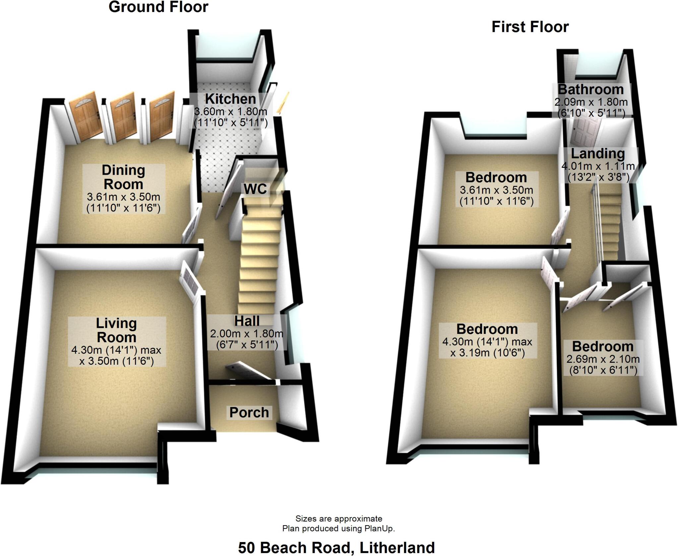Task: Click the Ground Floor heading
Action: coord(158,7)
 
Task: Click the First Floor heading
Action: coord(530,27)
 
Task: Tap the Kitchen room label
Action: coord(230,99)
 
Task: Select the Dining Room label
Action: coord(123,177)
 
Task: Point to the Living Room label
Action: coord(116,330)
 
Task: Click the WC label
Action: coord(255,189)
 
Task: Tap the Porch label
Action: coord(249,412)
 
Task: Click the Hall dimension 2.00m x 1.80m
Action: coord(246,334)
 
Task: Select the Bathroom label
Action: coord(591,90)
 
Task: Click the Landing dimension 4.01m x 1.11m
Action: coord(598,166)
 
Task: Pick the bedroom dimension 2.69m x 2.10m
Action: coord(603,359)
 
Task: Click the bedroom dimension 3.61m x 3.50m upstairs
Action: coord(496,190)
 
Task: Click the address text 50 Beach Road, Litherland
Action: coord(336,548)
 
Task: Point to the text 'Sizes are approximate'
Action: coord(339,519)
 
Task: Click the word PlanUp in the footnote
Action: coord(379,528)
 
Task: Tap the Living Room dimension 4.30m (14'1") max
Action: coord(116,350)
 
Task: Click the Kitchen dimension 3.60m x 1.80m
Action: coord(230,111)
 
